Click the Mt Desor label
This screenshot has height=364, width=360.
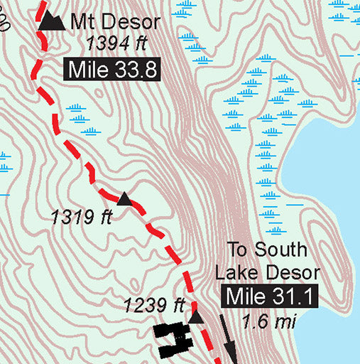pos(116,22)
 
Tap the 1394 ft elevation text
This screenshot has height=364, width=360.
pos(116,44)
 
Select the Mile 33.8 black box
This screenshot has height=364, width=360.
pos(111,69)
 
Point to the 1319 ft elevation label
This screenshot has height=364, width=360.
pos(82,216)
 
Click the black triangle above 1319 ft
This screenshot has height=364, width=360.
pos(124,198)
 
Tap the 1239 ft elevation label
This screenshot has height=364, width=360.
pos(154,306)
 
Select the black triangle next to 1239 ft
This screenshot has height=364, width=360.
pos(196,316)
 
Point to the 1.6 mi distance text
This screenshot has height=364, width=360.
pos(268,321)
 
